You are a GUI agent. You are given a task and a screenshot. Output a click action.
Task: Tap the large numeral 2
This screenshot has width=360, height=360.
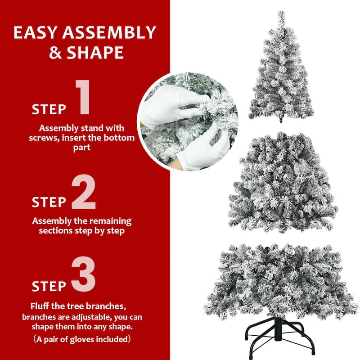click(x=84, y=194)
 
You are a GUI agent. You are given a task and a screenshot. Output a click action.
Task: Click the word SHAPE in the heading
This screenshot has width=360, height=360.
click(x=94, y=53)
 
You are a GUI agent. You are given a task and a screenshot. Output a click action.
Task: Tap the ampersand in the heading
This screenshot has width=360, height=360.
click(x=55, y=53)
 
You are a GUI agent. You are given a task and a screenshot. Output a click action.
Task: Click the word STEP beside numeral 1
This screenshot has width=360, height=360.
click(x=49, y=109)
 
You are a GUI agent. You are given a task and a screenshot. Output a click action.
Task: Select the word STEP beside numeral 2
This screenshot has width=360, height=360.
click(x=49, y=202)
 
